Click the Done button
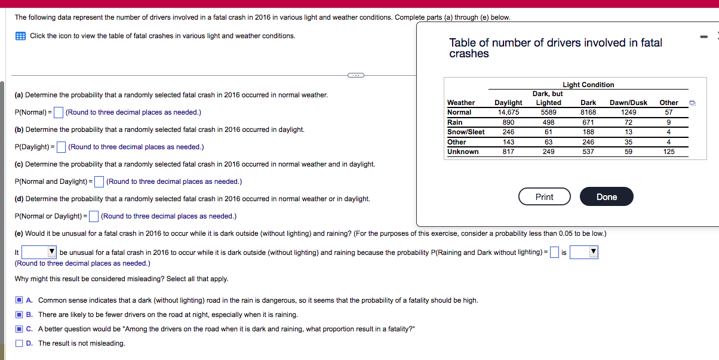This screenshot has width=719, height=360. tap(606, 197)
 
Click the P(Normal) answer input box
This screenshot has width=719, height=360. tap(59, 112)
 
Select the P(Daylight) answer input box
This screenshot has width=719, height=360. tap(62, 147)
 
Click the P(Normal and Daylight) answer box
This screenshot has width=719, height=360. tap(99, 181)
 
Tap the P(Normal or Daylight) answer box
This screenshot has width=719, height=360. tap(94, 216)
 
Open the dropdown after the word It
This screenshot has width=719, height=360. tap(39, 253)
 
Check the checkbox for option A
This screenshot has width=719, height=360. tap(20, 300)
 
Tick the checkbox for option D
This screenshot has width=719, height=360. tap(20, 343)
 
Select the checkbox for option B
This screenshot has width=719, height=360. tap(20, 315)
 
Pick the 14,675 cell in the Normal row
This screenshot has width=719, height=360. tap(508, 112)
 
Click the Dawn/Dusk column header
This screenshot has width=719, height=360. tap(628, 103)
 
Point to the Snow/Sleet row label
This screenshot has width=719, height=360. tap(466, 132)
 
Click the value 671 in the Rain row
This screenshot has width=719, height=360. tap(588, 122)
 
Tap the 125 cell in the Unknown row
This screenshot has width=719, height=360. tap(669, 152)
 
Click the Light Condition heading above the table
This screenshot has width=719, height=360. tap(588, 85)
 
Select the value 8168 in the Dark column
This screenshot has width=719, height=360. tap(588, 112)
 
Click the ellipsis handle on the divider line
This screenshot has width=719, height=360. tap(355, 75)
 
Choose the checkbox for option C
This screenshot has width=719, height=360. tap(20, 329)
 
